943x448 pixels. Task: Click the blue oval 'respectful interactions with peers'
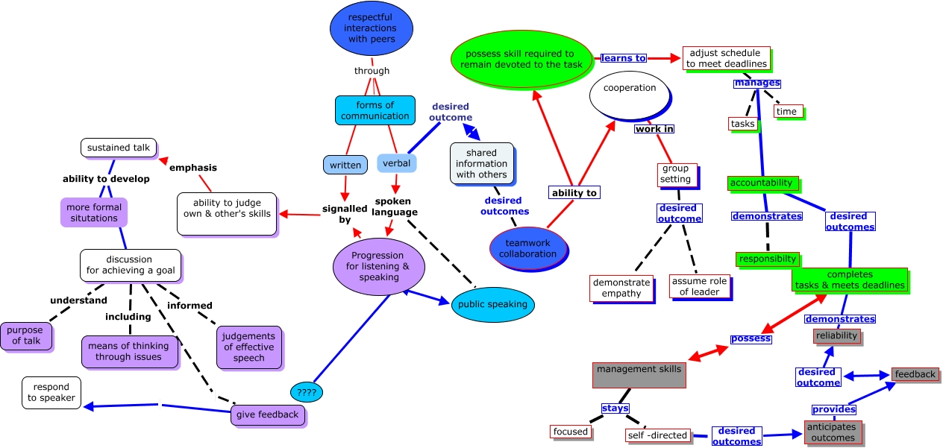tap(372, 28)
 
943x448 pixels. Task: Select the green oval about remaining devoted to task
tap(520, 59)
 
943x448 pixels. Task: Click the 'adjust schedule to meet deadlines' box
tap(725, 58)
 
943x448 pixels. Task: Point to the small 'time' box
tap(787, 111)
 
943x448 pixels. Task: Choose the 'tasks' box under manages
tap(743, 124)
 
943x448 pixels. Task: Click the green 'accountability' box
tap(762, 183)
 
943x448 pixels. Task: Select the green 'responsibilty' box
tap(768, 259)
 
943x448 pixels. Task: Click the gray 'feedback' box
tap(915, 374)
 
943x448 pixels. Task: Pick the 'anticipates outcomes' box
tap(833, 432)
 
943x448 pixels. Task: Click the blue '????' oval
tap(307, 391)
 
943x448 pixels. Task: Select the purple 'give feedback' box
tap(268, 414)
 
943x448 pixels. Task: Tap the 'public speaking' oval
tap(492, 304)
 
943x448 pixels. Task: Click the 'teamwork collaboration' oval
tap(528, 248)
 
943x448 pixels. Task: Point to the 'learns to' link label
tap(624, 58)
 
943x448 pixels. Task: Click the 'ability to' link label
tap(574, 192)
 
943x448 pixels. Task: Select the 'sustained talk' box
tap(119, 148)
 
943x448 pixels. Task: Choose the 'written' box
tap(345, 165)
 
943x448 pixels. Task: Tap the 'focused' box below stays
tap(571, 432)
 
